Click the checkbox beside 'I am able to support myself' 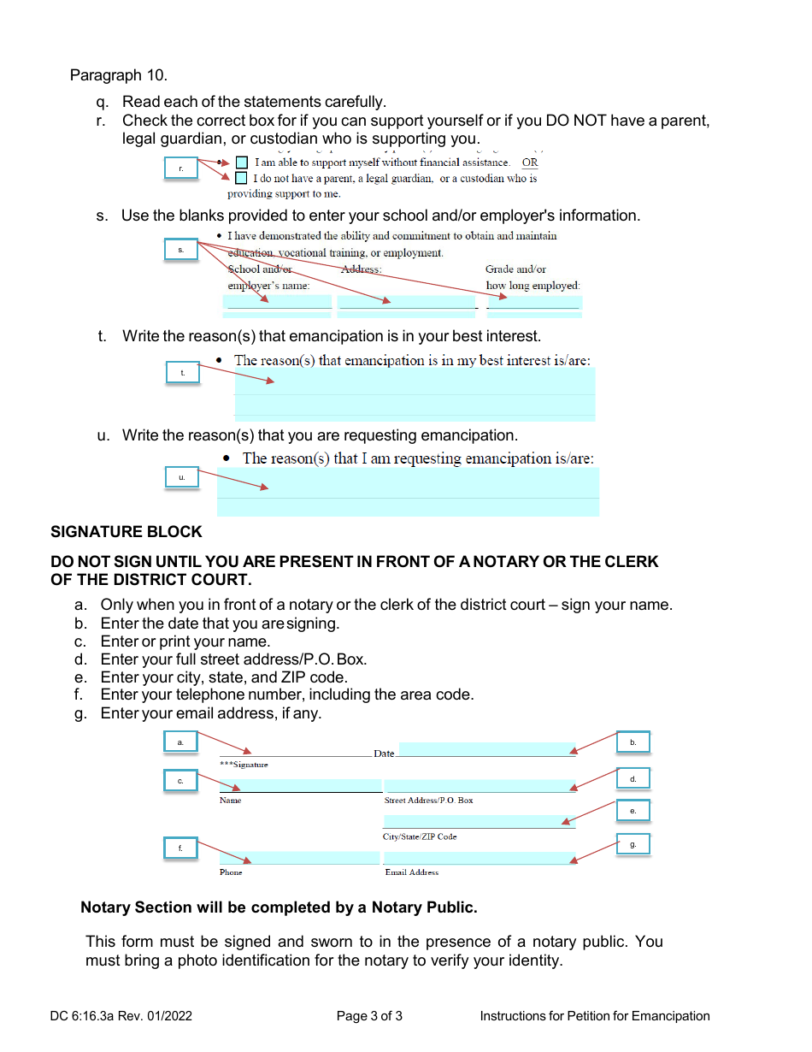(x=241, y=163)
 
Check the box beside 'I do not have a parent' (x=241, y=178)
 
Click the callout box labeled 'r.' (x=181, y=168)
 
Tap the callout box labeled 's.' (x=181, y=250)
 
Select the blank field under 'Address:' (x=407, y=302)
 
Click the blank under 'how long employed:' (x=533, y=302)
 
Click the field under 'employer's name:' (x=277, y=302)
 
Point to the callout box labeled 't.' (x=182, y=373)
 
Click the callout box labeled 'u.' (x=181, y=476)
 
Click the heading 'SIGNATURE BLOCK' (x=127, y=532)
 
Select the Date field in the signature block (x=487, y=749)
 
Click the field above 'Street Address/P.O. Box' (x=480, y=786)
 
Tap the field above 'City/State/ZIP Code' (x=479, y=822)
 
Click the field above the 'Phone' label (x=299, y=858)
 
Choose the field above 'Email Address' (x=480, y=858)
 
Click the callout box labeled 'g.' (x=633, y=844)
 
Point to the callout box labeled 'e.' (x=633, y=810)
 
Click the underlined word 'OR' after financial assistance (x=530, y=163)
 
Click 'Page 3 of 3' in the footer (x=369, y=1016)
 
